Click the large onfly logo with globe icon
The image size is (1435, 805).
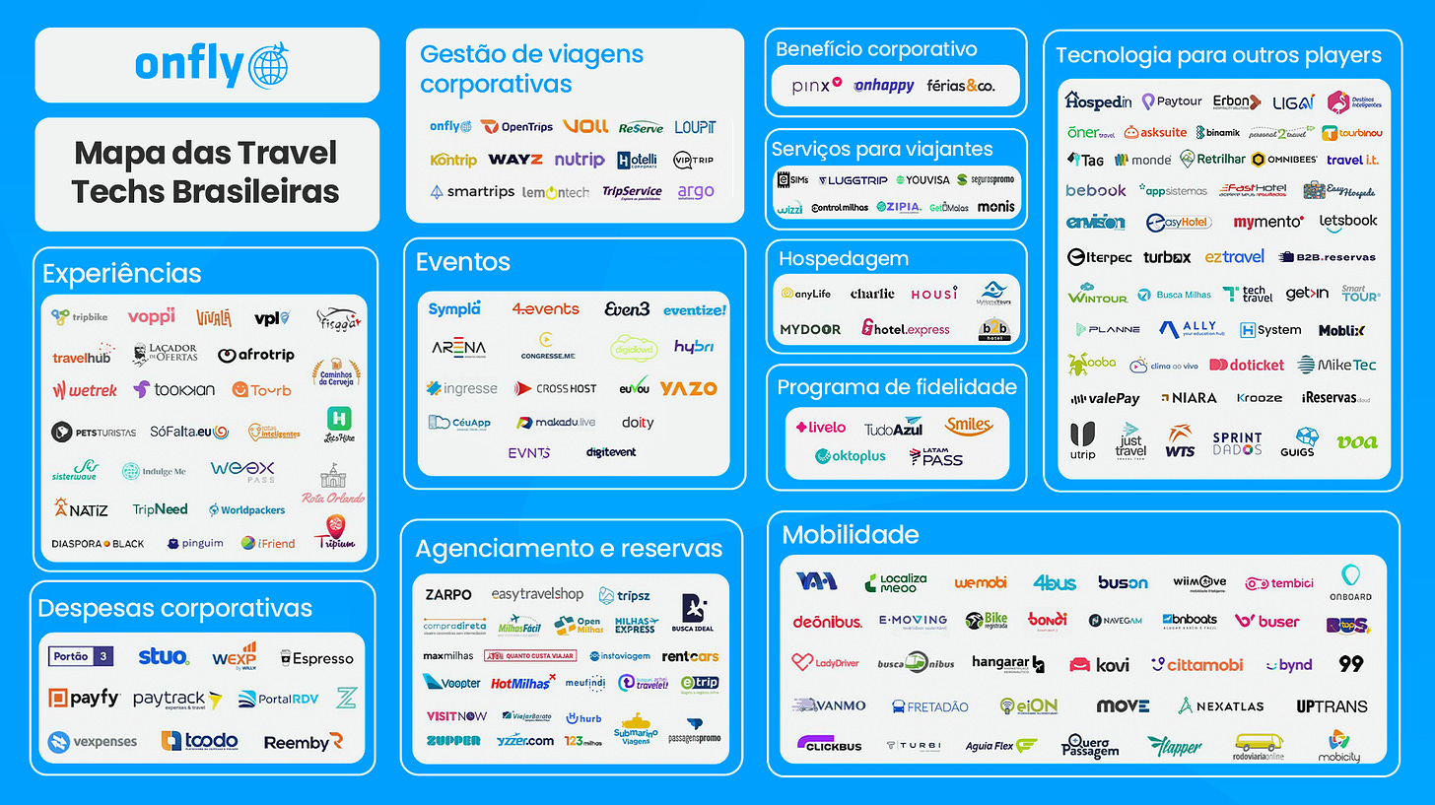(x=212, y=65)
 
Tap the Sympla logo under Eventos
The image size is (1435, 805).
(x=454, y=309)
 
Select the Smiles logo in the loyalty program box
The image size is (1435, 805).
(x=968, y=426)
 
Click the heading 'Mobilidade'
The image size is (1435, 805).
(x=850, y=535)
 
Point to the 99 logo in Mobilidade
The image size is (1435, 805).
(x=1350, y=664)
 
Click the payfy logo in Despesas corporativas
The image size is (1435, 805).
(x=84, y=699)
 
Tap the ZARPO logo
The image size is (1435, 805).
(x=448, y=595)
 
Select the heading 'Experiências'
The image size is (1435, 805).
(x=121, y=273)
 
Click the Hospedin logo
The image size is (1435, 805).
(x=1097, y=101)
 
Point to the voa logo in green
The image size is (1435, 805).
(x=1356, y=441)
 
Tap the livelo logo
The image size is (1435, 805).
(x=821, y=428)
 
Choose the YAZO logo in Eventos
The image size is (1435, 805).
(x=688, y=388)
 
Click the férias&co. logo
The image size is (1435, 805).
(x=960, y=87)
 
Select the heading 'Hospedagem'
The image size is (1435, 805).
(x=843, y=259)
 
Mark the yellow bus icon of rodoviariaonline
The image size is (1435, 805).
(x=1258, y=742)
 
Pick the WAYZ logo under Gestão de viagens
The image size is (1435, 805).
(x=515, y=160)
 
